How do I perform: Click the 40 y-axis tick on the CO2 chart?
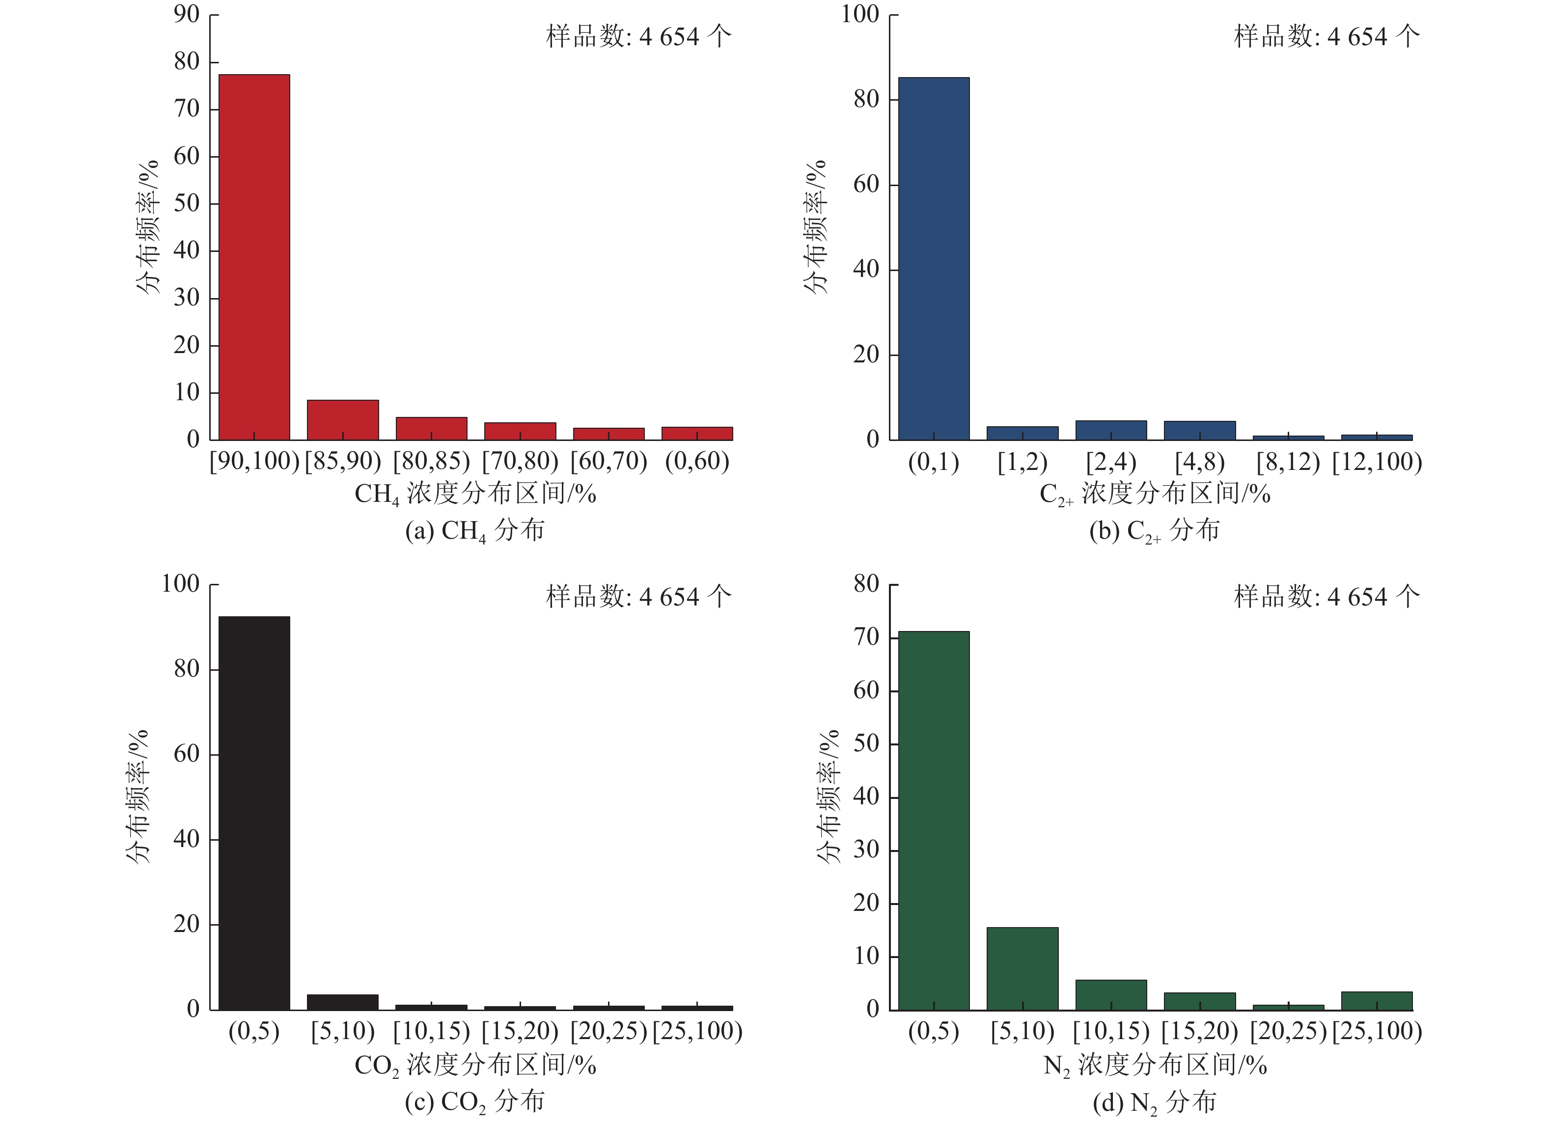pos(186,839)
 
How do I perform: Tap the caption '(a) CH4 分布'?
pos(475,530)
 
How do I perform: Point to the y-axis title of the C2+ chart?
pos(815,227)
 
